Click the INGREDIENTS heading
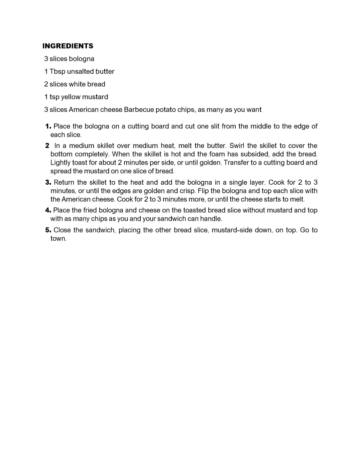pyautogui.click(x=68, y=46)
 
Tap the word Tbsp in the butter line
pyautogui.click(x=57, y=72)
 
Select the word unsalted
pyautogui.click(x=80, y=72)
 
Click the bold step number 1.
pyautogui.click(x=48, y=126)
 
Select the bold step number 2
pyautogui.click(x=47, y=146)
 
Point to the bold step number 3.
pyautogui.click(x=48, y=183)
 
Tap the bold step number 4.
pyautogui.click(x=48, y=210)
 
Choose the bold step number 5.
pyautogui.click(x=48, y=230)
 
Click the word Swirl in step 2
pyautogui.click(x=237, y=146)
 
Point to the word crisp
pyautogui.click(x=187, y=191)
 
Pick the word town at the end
pyautogui.click(x=58, y=239)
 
